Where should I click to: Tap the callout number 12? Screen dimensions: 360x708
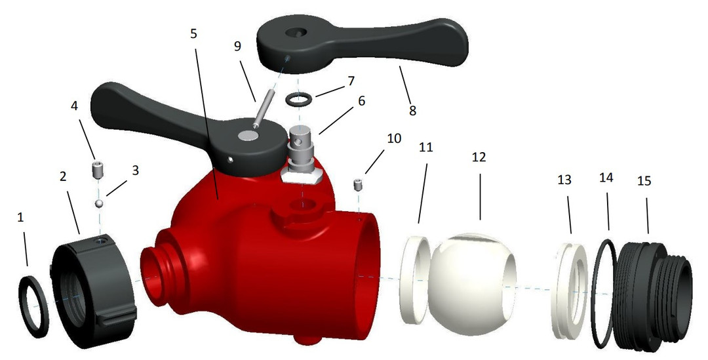tap(479, 158)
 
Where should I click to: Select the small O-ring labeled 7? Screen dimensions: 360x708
tap(298, 100)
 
